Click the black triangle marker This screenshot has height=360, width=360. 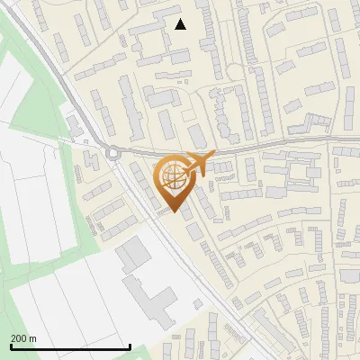(181, 24)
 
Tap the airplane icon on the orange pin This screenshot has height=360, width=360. (200, 163)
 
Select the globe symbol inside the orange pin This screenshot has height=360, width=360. (175, 178)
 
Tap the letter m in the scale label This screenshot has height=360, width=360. (33, 338)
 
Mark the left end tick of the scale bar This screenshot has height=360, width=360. (11, 346)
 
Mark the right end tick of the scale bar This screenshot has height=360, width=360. (130, 346)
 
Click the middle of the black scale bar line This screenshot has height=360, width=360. (70, 347)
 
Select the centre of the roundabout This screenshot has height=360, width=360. (113, 153)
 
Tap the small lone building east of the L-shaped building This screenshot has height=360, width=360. (197, 302)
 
